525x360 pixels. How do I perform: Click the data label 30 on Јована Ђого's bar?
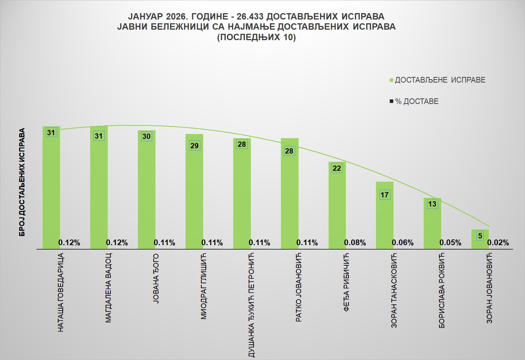(146, 136)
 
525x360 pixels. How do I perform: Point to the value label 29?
(194, 146)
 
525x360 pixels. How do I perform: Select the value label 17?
(385, 195)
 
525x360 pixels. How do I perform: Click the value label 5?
(480, 236)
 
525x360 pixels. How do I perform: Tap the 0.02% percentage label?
(498, 243)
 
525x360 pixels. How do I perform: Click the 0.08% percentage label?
(355, 243)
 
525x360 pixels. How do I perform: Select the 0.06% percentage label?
(403, 243)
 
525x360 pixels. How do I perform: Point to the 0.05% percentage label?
(450, 243)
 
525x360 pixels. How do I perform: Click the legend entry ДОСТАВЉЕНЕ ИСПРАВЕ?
(440, 80)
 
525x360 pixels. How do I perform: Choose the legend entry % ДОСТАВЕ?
(416, 101)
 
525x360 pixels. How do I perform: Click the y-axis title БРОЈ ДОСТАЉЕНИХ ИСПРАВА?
(22, 182)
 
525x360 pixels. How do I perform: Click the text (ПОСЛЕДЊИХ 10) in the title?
(256, 37)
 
